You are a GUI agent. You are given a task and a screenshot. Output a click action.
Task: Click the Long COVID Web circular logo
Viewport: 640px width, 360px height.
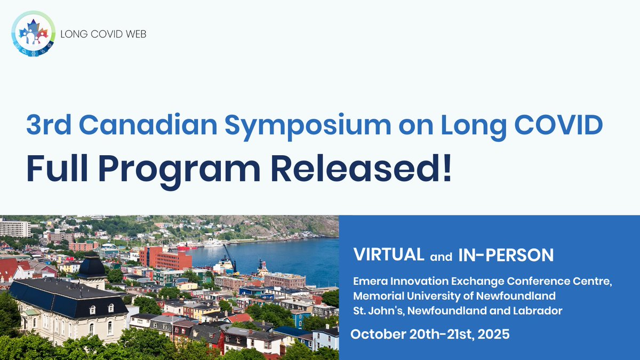click(x=33, y=34)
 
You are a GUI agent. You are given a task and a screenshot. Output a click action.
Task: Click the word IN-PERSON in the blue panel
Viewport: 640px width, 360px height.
click(x=506, y=255)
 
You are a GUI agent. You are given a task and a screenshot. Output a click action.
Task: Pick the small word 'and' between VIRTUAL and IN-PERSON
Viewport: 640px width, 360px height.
click(x=441, y=257)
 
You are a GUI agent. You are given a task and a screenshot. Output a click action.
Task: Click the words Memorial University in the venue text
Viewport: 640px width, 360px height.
click(x=411, y=296)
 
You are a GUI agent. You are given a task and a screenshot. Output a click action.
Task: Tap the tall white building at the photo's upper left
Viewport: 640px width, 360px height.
click(x=14, y=228)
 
